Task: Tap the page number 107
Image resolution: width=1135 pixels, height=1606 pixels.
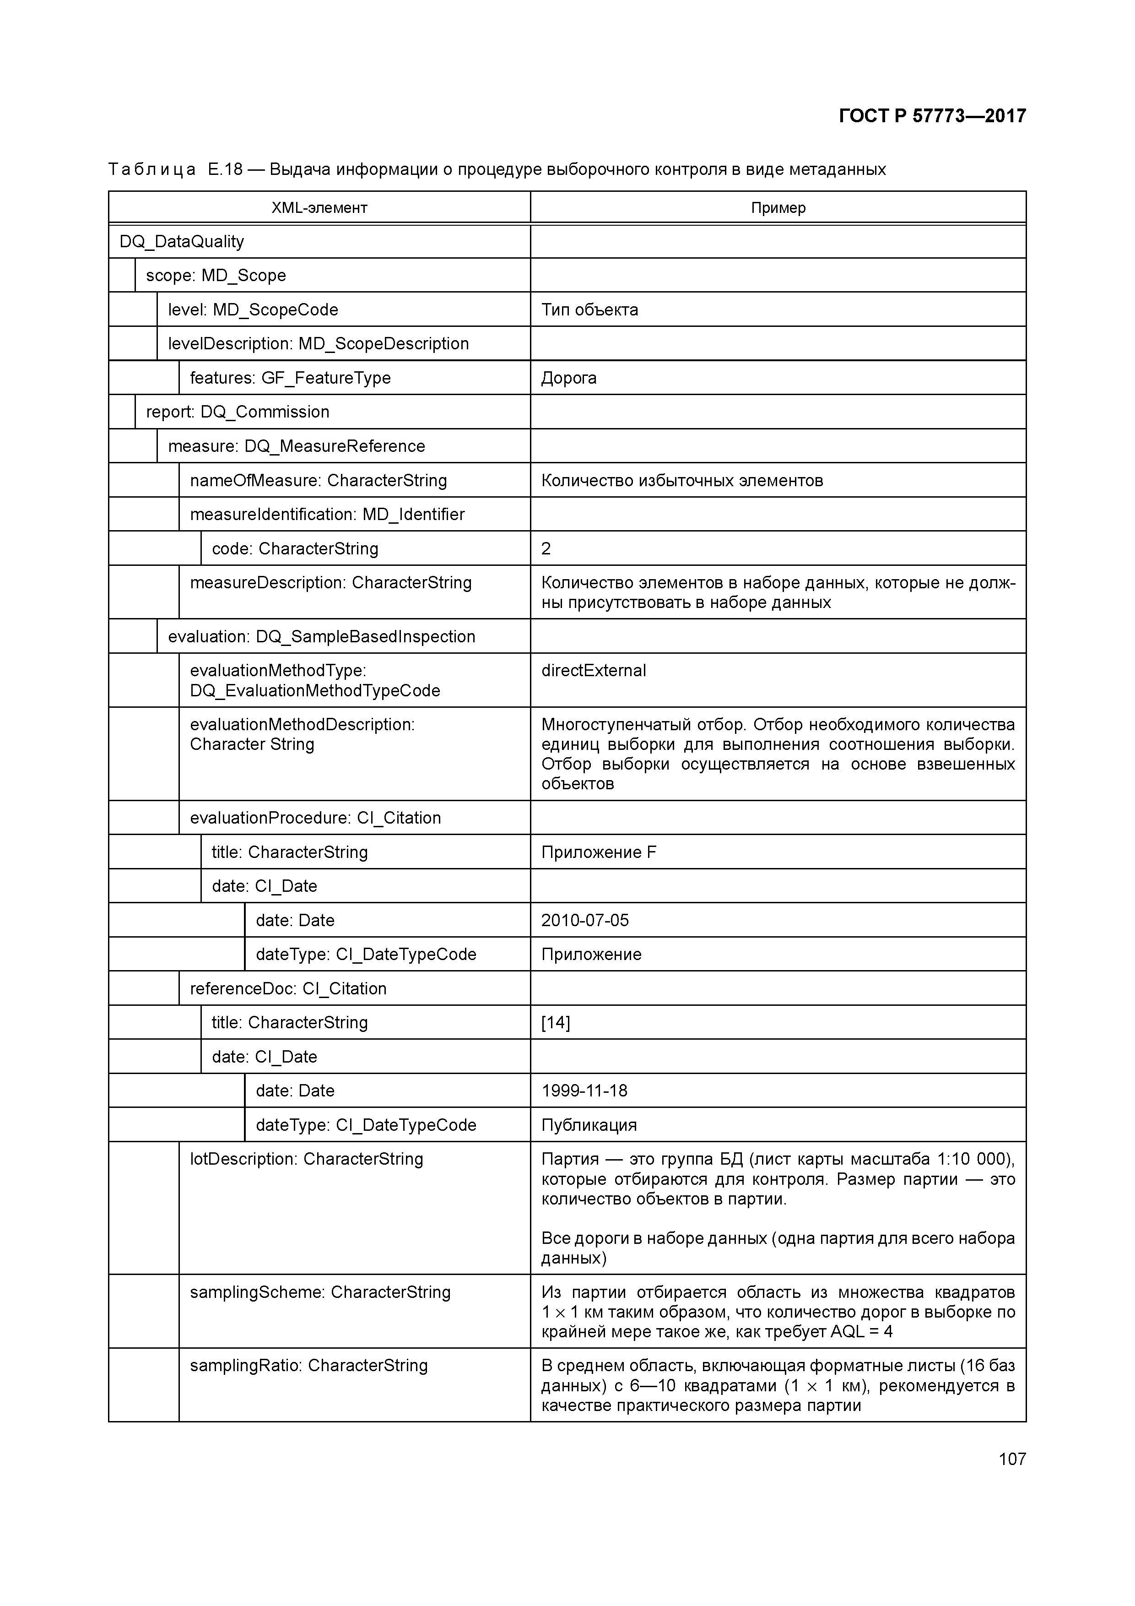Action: (x=1012, y=1459)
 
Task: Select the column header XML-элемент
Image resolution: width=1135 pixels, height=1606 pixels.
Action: (x=319, y=208)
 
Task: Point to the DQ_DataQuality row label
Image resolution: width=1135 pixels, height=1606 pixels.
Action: (x=182, y=242)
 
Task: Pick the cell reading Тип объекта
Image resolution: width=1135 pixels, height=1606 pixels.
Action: (x=589, y=310)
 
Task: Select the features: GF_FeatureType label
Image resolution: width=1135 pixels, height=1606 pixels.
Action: (x=290, y=379)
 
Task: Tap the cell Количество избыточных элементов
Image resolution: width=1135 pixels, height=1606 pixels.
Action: (x=682, y=481)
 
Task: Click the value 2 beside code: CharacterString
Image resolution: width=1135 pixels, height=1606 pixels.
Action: (x=546, y=549)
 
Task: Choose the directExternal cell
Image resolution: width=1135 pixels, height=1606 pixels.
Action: (x=594, y=671)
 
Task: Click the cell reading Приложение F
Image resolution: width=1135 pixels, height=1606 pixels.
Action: (x=599, y=852)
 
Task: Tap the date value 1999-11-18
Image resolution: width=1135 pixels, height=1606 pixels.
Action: (x=584, y=1091)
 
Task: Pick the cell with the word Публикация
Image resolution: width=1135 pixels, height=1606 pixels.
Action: (x=589, y=1125)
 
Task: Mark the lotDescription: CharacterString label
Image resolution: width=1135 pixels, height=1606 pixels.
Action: (x=306, y=1160)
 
